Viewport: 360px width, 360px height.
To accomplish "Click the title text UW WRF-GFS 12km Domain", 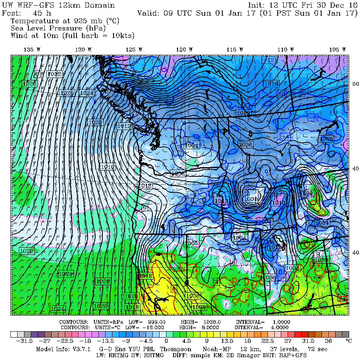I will coord(58,6).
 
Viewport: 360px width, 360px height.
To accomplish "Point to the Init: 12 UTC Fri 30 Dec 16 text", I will coord(303,6).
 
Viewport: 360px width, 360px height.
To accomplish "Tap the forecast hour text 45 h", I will coord(40,13).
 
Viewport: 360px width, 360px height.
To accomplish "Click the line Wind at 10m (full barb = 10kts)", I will coord(72,36).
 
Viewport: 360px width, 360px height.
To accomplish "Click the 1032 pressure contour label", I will coord(54,74).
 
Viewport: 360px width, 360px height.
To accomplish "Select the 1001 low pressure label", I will coord(251,198).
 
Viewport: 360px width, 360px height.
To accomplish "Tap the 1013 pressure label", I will coord(221,201).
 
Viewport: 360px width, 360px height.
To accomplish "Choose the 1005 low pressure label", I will coord(192,243).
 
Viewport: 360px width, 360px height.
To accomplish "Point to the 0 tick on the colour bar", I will coord(166,341).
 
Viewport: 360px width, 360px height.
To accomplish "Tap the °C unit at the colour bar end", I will coord(348,341).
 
